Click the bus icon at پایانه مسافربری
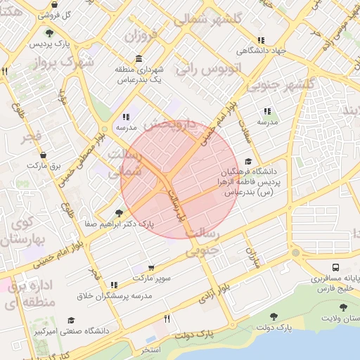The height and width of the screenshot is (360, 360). pos(336,268)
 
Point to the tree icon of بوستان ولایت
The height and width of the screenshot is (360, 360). pos(342,307)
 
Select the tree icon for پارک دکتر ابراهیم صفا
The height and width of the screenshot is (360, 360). pos(117,212)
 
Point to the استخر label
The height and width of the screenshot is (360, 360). pos(150,349)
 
